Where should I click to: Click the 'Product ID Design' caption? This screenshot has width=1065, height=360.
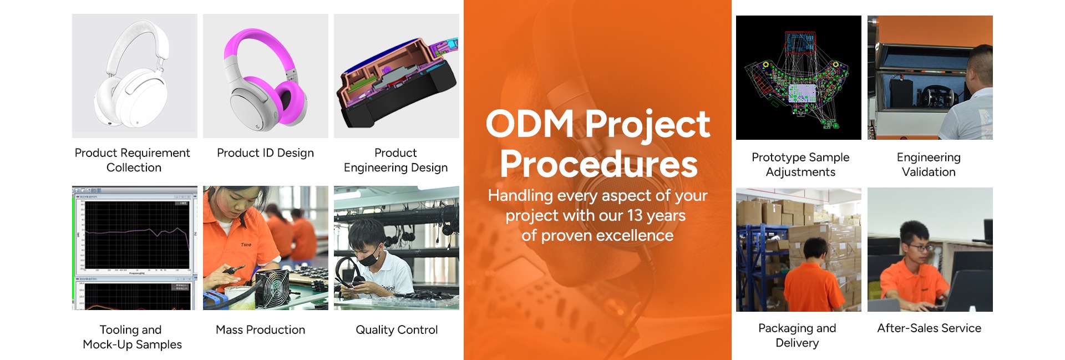(265, 153)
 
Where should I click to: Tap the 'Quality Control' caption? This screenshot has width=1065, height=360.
(397, 330)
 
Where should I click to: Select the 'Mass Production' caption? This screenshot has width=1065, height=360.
(260, 330)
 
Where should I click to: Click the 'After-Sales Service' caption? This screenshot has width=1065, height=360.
(929, 328)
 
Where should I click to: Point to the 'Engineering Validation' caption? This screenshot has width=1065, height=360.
(929, 165)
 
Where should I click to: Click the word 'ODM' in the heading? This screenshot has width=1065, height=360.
(530, 123)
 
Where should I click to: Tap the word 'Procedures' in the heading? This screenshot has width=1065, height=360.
(599, 164)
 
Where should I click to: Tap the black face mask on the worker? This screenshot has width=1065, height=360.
(370, 256)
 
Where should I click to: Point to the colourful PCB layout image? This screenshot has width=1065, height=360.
(799, 78)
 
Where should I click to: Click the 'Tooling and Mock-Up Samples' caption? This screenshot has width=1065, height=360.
(132, 337)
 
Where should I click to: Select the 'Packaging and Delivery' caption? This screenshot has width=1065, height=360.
(797, 336)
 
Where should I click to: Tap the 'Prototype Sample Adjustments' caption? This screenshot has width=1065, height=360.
(800, 165)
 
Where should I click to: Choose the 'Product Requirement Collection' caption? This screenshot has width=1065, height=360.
(133, 160)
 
